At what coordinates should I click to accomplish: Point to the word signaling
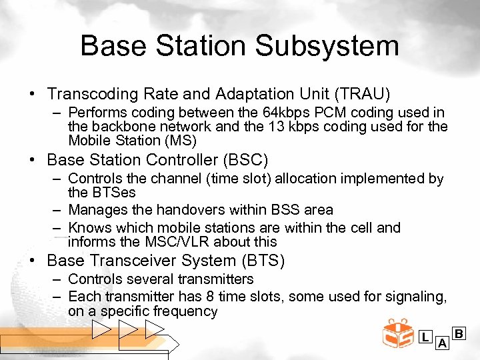(x=412, y=295)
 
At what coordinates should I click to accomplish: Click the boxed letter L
(x=425, y=337)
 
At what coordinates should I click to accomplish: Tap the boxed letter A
(x=441, y=343)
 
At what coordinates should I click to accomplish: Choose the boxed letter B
(x=459, y=332)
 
